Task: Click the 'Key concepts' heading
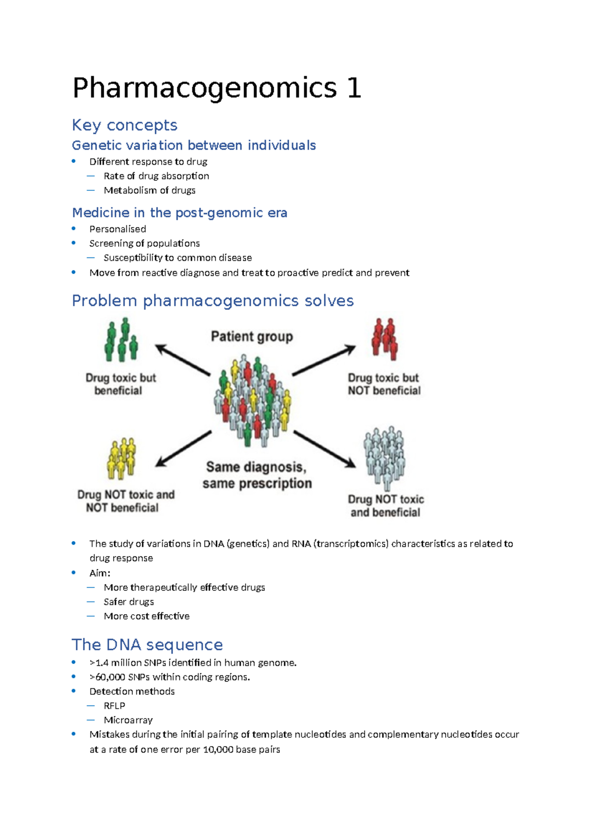point(125,125)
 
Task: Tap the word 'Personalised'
point(118,229)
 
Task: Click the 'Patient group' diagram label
point(252,336)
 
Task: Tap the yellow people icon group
point(121,459)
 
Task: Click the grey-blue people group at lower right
point(384,458)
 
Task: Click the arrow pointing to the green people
point(183,360)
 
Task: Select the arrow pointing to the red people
point(324,360)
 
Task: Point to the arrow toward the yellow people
point(183,449)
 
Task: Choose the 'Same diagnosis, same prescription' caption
point(257,475)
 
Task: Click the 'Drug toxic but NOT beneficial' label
point(384,384)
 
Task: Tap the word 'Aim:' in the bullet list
point(100,573)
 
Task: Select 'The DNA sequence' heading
point(147,645)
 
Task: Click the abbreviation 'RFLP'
point(114,706)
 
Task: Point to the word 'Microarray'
point(128,720)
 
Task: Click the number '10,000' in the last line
point(218,750)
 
